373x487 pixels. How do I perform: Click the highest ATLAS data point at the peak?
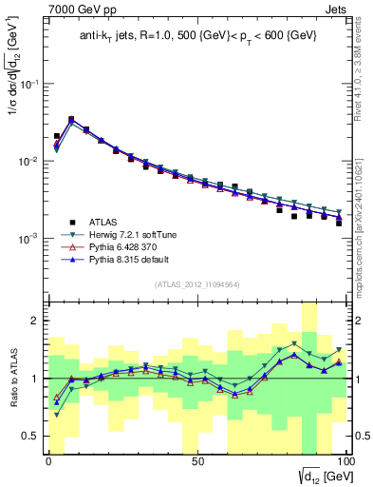71,120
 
